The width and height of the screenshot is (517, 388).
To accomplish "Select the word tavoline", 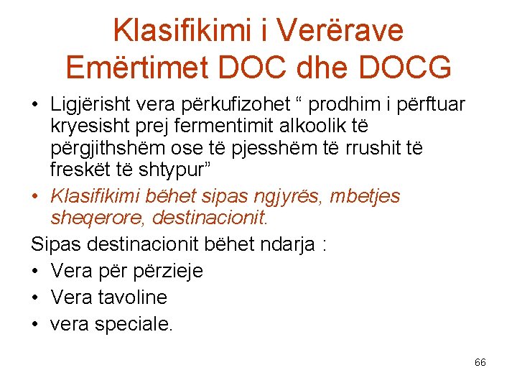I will pos(134,297).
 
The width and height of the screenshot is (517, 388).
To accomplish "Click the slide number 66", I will pos(480,362).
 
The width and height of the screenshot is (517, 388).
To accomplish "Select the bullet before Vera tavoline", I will pos(35,297).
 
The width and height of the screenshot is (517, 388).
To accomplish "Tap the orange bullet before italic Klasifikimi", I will pos(35,196).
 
